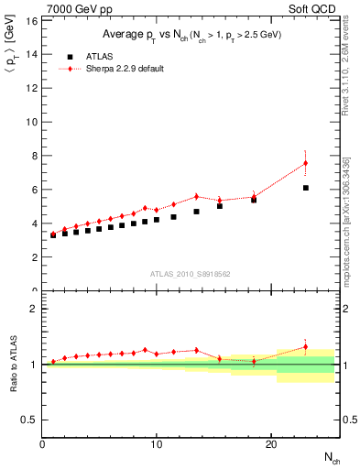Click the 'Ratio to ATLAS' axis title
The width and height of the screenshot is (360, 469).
pyautogui.click(x=12, y=364)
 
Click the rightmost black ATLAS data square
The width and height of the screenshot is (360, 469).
pyautogui.click(x=306, y=188)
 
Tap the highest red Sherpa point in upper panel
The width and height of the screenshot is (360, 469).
pyautogui.click(x=306, y=163)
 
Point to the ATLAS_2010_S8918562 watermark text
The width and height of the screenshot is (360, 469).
pyautogui.click(x=190, y=274)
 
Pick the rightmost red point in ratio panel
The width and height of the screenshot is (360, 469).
pyautogui.click(x=306, y=347)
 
